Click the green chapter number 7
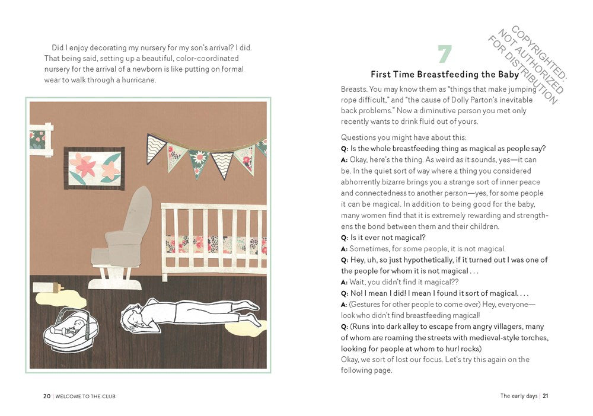tap(445, 55)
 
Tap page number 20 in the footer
tap(47, 396)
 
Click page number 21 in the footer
tap(546, 396)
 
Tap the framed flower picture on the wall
tap(94, 168)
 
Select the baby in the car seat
tap(71, 329)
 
